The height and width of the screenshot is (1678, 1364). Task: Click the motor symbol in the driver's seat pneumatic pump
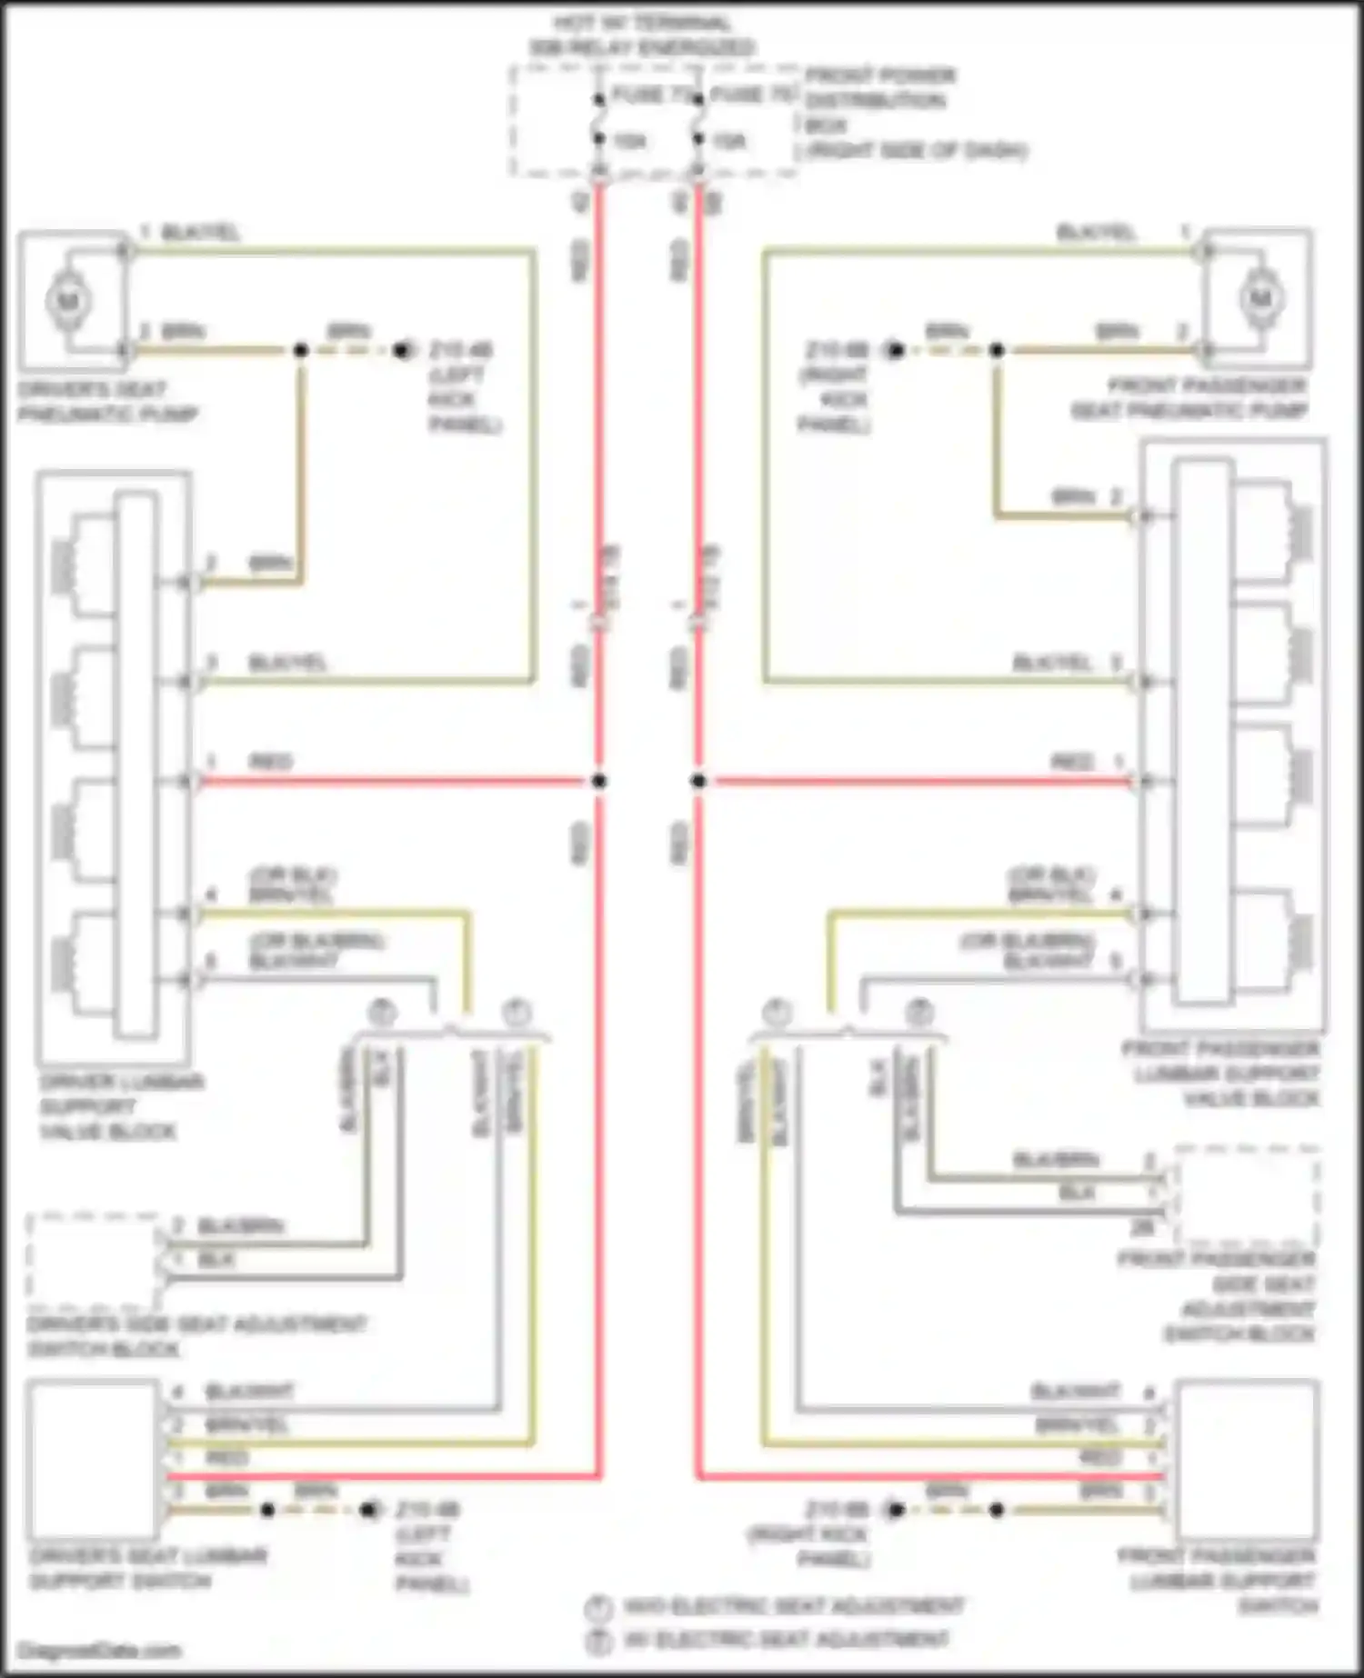click(69, 300)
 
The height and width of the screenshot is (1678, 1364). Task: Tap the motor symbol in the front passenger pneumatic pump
click(1260, 298)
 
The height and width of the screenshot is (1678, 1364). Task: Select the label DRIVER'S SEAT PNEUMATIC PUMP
click(107, 402)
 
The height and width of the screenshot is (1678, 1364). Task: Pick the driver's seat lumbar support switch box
click(93, 1460)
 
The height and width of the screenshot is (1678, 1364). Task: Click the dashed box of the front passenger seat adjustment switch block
click(1246, 1196)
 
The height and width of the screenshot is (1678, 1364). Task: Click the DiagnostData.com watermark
click(99, 1650)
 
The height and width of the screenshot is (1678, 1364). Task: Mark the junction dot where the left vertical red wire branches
click(598, 781)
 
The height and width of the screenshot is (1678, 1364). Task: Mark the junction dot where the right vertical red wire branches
click(698, 781)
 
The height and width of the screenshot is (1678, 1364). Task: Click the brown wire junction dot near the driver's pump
click(301, 350)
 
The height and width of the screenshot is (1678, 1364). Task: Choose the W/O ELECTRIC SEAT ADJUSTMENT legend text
click(792, 1606)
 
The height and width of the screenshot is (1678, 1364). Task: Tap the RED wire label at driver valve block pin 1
click(270, 762)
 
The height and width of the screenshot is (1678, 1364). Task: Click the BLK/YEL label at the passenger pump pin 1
click(1096, 233)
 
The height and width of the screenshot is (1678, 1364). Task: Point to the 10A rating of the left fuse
click(629, 141)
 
